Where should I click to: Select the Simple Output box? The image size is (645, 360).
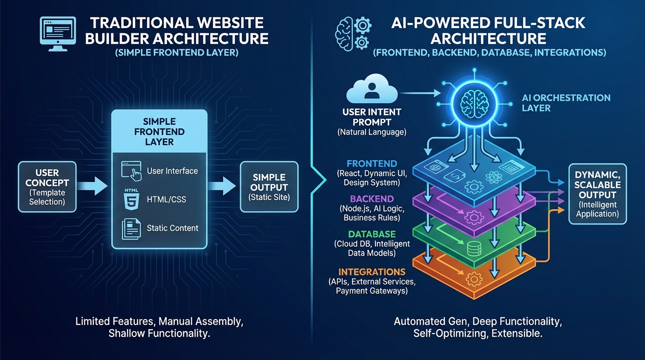(x=269, y=187)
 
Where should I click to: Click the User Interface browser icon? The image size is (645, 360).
(x=131, y=171)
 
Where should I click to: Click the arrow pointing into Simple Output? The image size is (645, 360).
(x=222, y=186)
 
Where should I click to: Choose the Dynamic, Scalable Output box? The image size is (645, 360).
(x=597, y=194)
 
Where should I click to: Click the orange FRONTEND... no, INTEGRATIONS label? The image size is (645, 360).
(x=372, y=272)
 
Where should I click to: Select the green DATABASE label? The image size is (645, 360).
(x=372, y=234)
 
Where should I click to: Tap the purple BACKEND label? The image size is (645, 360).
(x=372, y=199)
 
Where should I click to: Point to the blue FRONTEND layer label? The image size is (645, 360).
(x=372, y=164)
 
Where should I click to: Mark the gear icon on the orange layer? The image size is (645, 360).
(x=474, y=280)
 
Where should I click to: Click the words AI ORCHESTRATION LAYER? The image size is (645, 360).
(x=566, y=103)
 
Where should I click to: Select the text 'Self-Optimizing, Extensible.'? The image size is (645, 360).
(x=477, y=333)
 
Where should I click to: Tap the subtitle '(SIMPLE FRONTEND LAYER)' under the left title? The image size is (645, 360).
(x=176, y=52)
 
